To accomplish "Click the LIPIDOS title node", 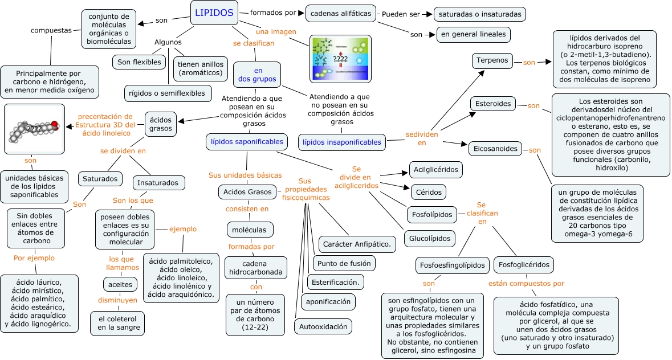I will (x=214, y=13).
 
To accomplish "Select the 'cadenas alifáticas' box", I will (x=341, y=13).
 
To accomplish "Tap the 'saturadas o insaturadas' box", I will (x=479, y=14).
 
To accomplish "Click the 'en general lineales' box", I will (x=473, y=35).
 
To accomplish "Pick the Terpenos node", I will (x=494, y=60).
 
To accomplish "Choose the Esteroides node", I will (x=493, y=104).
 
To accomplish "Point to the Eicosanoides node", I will (x=496, y=149).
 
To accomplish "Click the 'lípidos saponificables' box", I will (x=246, y=141).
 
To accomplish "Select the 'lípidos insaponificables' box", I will (x=342, y=142).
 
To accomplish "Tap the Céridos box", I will (x=428, y=191).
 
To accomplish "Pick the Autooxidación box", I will (x=323, y=326).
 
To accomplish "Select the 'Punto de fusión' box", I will (x=344, y=263).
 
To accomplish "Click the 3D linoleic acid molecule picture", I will (x=34, y=129).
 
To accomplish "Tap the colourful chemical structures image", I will (x=340, y=59).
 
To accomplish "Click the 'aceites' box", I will (x=120, y=284).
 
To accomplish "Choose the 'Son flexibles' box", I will (x=139, y=62).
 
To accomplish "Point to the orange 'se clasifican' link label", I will (x=254, y=43).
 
